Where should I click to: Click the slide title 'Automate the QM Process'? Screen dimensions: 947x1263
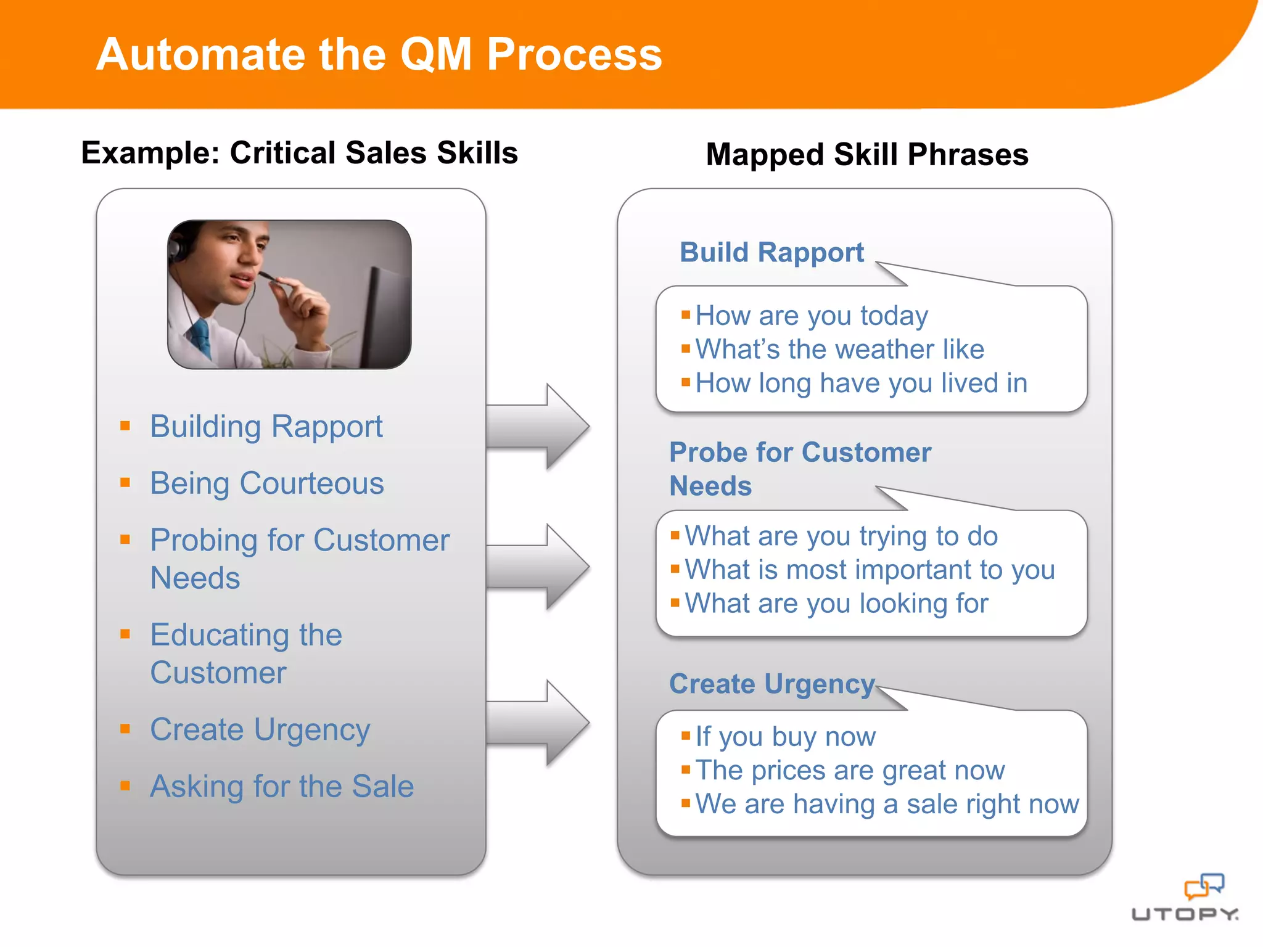point(379,54)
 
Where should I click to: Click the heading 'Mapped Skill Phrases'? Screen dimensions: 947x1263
point(866,154)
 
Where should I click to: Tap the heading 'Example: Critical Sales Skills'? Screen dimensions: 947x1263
point(299,152)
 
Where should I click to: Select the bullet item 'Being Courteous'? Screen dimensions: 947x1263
point(266,483)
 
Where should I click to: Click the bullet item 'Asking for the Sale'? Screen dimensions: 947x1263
point(282,786)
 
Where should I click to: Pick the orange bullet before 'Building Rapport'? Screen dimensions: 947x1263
point(125,425)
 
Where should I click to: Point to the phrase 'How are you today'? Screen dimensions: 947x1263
point(811,316)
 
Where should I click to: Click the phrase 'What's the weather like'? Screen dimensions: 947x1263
point(839,349)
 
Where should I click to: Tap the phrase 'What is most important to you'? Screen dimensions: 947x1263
point(870,569)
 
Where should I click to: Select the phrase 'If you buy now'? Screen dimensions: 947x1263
point(785,736)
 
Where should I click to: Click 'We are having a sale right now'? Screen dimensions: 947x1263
point(887,804)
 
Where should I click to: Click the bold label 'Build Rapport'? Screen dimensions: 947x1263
point(771,252)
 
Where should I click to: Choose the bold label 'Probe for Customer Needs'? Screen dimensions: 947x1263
point(799,469)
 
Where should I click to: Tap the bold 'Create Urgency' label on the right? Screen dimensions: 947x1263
point(771,684)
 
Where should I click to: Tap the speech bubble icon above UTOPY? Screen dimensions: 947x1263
point(1203,887)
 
